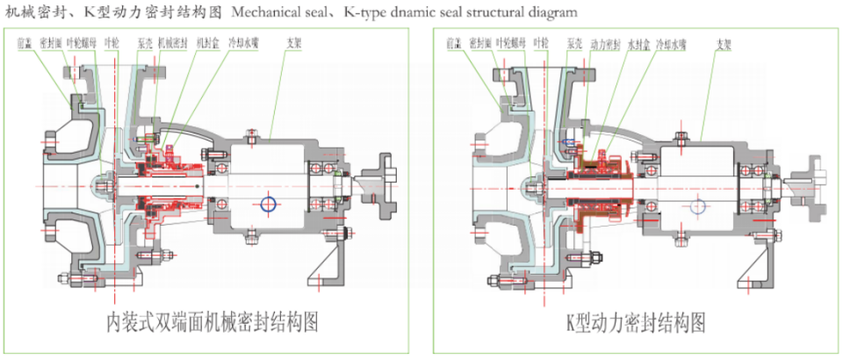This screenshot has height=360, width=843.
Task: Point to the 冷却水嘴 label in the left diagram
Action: point(236,42)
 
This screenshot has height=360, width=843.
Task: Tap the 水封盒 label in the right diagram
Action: point(633,42)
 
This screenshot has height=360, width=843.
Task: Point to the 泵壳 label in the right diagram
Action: point(574,42)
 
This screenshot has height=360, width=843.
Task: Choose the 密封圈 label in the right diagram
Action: point(479,42)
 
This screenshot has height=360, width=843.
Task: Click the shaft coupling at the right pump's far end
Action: point(811,185)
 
